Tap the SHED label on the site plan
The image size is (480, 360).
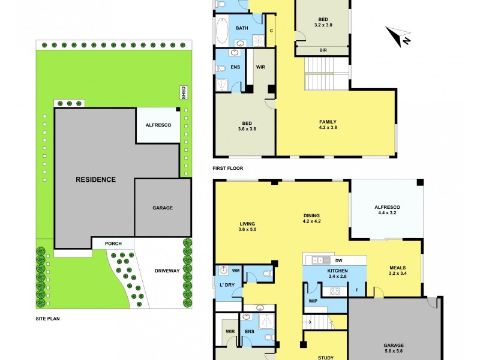(184, 92)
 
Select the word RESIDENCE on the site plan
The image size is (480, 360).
(95, 179)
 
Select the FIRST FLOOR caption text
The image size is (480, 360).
(228, 168)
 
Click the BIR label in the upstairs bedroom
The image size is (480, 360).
(323, 50)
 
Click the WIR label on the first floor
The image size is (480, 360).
(260, 68)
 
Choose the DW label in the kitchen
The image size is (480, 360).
(338, 260)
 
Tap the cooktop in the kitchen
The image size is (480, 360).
(334, 292)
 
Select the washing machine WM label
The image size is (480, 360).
(235, 271)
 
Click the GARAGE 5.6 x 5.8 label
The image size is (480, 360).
(395, 349)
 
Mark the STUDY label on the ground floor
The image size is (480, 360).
(326, 358)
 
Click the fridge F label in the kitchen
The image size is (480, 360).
(357, 291)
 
